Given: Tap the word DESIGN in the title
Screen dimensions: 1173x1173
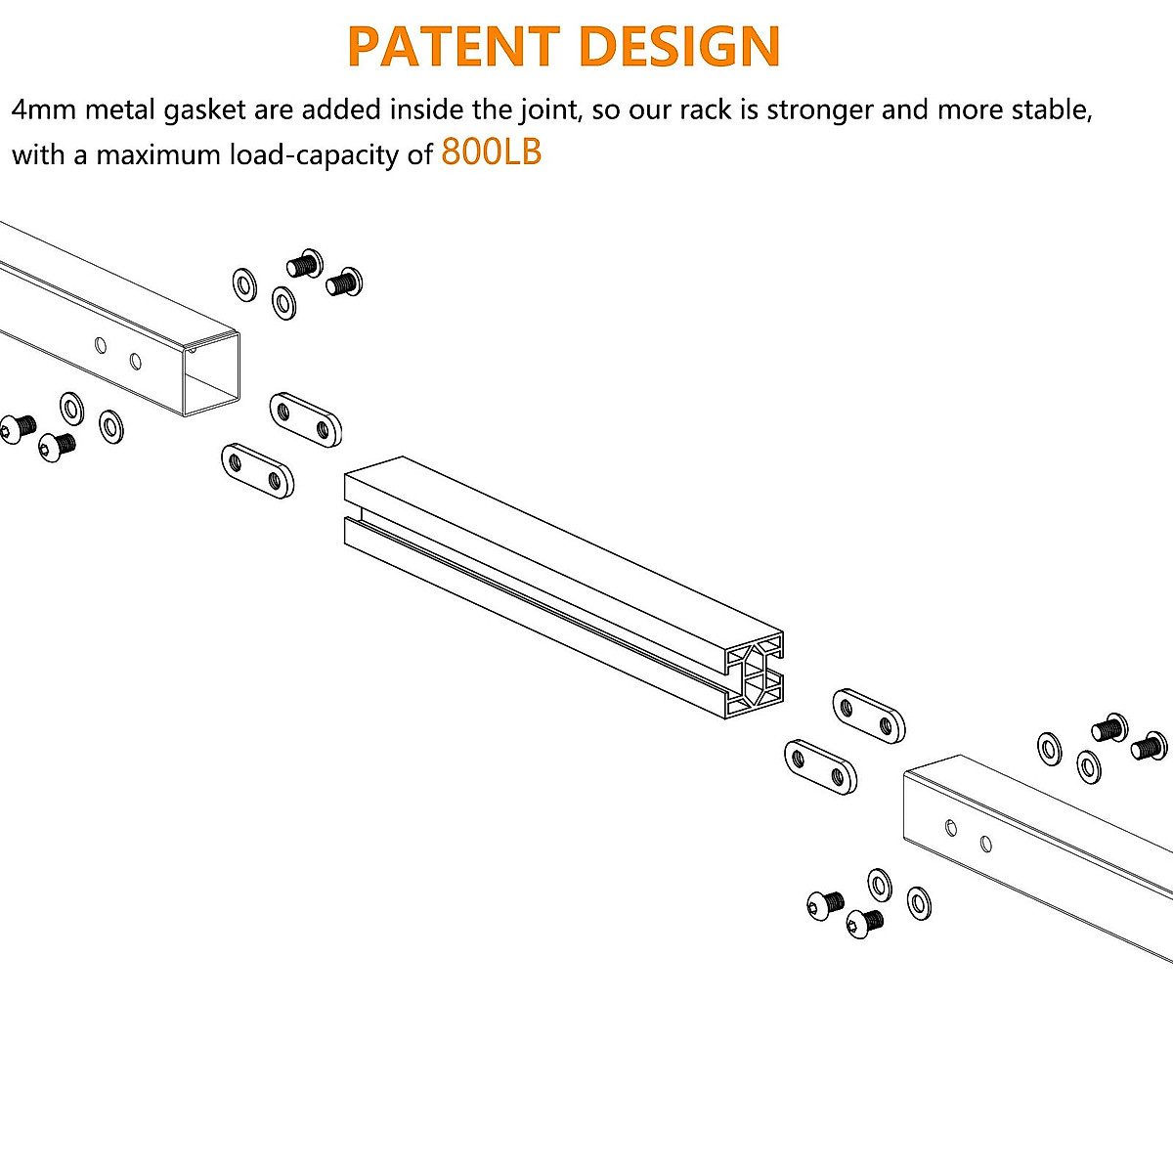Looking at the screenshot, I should [679, 46].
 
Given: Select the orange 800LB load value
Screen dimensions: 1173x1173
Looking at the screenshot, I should [492, 152].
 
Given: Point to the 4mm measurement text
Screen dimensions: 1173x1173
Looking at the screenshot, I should [44, 109].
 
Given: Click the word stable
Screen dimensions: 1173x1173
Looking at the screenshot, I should [1056, 109].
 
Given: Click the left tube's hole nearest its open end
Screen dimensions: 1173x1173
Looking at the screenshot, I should [135, 362].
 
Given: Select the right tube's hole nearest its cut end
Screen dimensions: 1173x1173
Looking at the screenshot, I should [951, 828].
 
